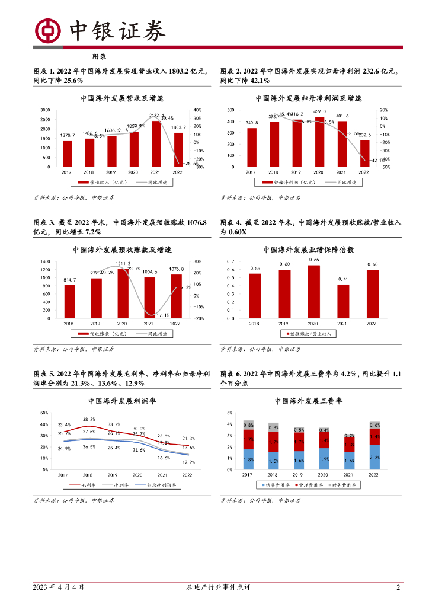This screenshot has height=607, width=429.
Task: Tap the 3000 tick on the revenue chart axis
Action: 46,110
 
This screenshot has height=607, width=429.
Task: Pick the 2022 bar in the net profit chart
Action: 364,154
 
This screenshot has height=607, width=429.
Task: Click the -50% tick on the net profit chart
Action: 384,167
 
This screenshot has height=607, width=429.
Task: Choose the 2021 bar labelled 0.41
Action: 342,301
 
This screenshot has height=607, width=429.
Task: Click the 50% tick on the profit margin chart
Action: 44,413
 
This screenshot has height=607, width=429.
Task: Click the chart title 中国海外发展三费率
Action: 309,401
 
